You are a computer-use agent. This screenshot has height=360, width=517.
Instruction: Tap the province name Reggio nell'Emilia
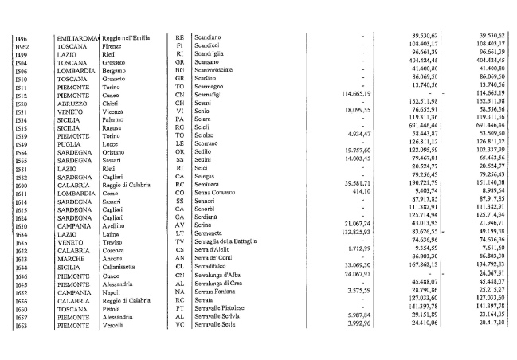(x=129, y=37)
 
